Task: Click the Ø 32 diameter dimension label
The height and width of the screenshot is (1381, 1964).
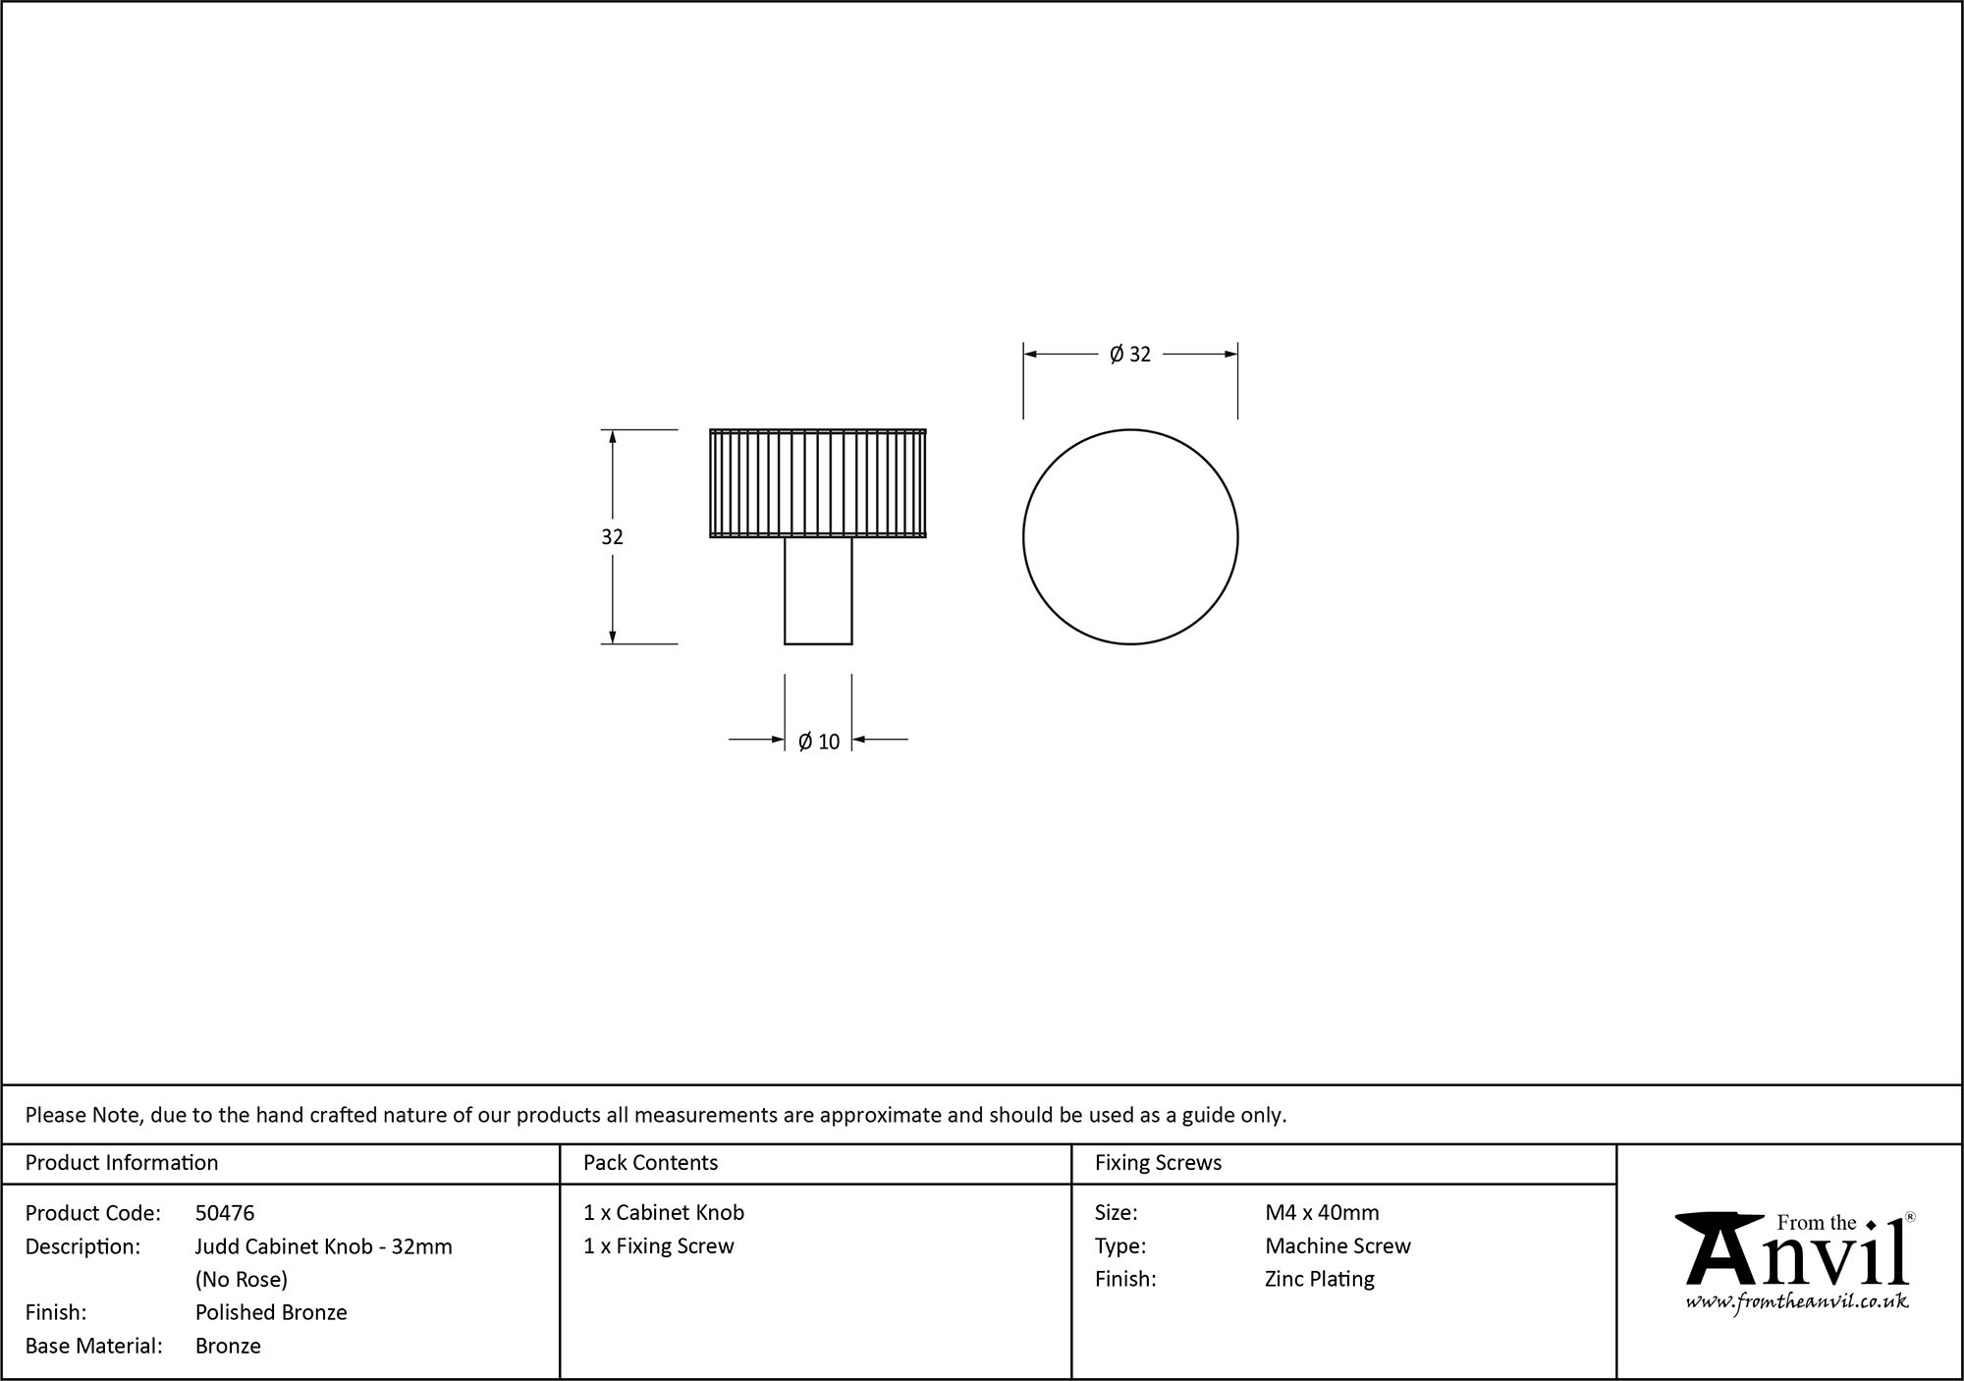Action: click(1129, 355)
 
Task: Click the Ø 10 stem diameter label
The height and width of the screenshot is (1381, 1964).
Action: click(819, 742)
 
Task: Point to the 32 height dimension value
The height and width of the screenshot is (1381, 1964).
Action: click(612, 537)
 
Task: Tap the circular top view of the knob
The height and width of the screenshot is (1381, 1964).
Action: click(1130, 537)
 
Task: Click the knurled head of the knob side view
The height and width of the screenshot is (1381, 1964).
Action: click(818, 483)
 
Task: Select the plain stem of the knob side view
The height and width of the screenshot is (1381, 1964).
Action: click(818, 590)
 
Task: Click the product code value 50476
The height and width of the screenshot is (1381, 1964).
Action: click(225, 1213)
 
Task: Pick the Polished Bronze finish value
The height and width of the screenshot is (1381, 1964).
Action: click(271, 1312)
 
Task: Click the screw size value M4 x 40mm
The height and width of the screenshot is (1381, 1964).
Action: click(1322, 1213)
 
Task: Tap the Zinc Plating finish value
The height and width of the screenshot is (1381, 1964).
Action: click(1319, 1279)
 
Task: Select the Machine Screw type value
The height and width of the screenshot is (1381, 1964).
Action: click(1337, 1245)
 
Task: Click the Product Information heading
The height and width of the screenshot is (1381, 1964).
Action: click(122, 1163)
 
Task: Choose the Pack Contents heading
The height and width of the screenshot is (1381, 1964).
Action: click(650, 1163)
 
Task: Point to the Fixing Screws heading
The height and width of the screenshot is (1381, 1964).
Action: click(1158, 1163)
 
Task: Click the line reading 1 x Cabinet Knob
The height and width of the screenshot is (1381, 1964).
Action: click(664, 1213)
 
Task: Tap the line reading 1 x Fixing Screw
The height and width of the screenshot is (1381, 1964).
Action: click(659, 1245)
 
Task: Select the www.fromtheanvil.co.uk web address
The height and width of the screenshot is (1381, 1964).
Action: click(1796, 1301)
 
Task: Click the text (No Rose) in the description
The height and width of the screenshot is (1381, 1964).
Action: click(242, 1279)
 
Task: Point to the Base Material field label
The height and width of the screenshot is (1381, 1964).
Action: click(93, 1346)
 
